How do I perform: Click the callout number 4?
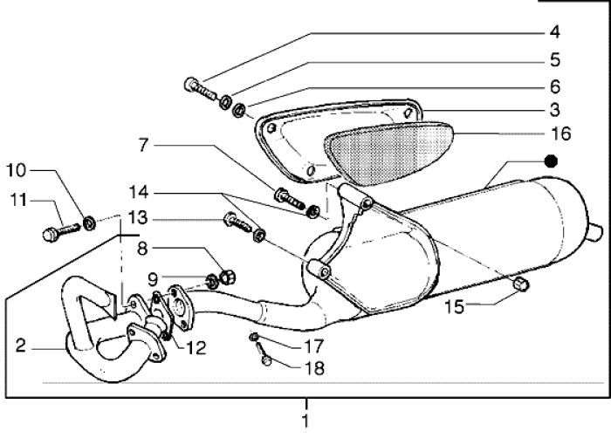tap(553, 33)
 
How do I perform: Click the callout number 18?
tap(313, 368)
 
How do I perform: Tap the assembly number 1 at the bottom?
tap(305, 421)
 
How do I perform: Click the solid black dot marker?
tap(550, 161)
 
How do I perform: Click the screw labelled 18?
tap(264, 359)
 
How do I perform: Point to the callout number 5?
tap(553, 60)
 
